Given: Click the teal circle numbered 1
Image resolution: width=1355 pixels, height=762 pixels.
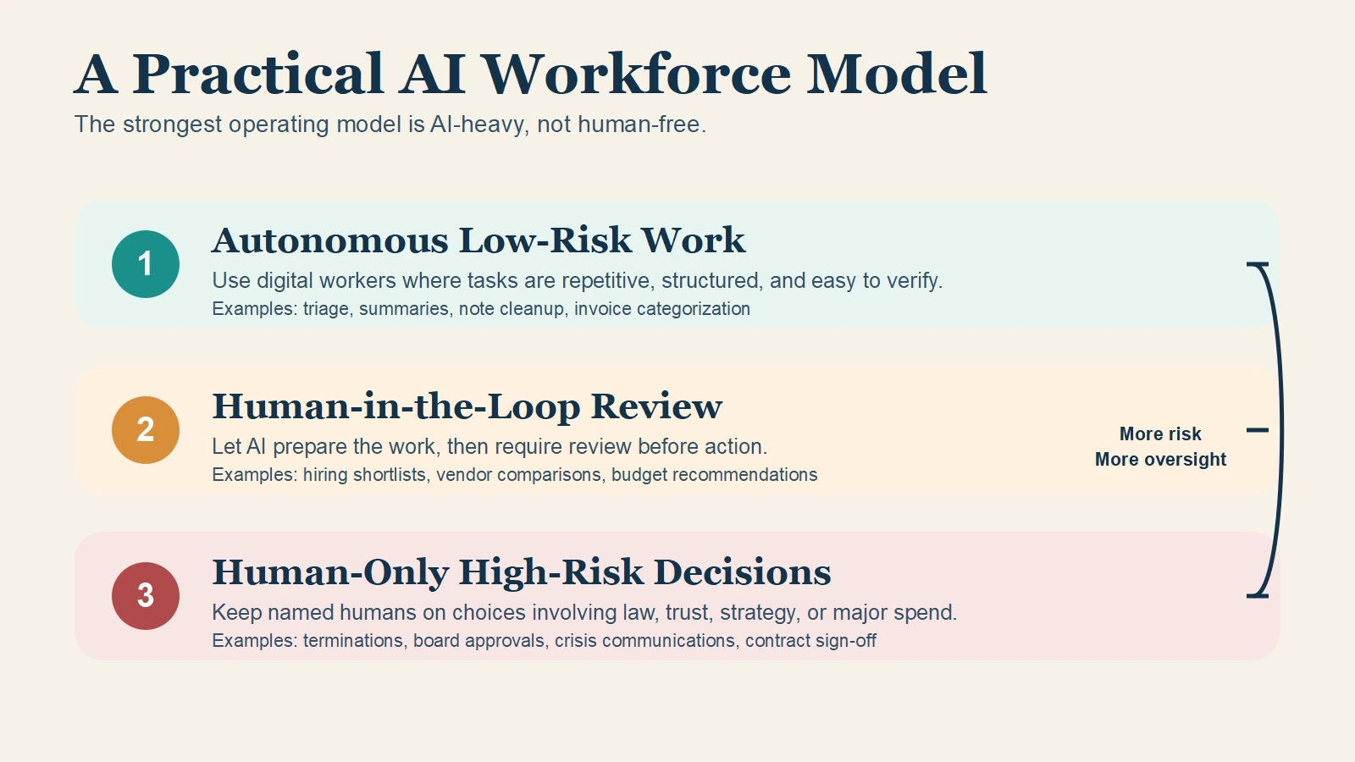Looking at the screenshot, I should tap(146, 264).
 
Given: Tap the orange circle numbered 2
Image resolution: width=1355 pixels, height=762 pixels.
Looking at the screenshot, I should tap(146, 430).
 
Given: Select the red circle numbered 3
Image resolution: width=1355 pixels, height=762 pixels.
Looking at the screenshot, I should tap(146, 596).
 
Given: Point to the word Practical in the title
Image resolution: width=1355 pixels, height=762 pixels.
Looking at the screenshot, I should tap(258, 75).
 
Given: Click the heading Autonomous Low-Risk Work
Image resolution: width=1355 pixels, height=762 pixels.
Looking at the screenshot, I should tap(478, 240).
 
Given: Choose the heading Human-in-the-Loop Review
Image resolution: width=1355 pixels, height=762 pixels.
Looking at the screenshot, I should tap(467, 406).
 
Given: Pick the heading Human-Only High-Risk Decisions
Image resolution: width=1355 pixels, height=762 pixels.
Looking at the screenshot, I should tap(521, 572).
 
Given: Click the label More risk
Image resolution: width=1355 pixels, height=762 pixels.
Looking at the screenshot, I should tap(1160, 434).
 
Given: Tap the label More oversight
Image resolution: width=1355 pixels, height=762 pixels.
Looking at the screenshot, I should tap(1160, 460).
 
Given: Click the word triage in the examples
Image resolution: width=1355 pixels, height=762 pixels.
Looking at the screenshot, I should tap(326, 309).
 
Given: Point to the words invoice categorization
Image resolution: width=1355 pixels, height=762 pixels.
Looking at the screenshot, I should tap(662, 309).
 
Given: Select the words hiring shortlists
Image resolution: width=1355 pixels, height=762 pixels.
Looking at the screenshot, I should tap(364, 475).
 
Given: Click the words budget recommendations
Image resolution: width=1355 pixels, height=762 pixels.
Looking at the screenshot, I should tap(714, 475).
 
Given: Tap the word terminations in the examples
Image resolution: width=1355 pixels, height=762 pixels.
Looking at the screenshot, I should tap(353, 641).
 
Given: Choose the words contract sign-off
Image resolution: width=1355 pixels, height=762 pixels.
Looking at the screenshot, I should tap(810, 641).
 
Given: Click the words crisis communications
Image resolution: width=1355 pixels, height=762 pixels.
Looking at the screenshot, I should tap(644, 641).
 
